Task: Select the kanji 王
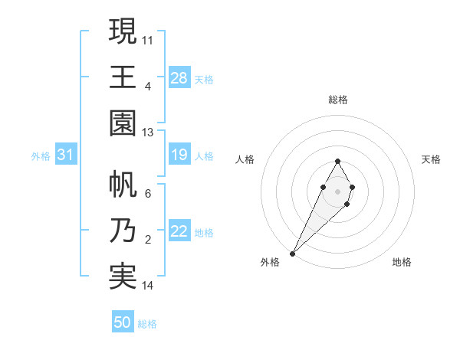[x=123, y=77]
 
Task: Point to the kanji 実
[x=123, y=277]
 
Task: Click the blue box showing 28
[x=179, y=77]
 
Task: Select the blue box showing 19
[x=179, y=155]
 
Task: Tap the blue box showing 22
[x=179, y=232]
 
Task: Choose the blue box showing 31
[x=66, y=155]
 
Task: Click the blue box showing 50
[x=123, y=322]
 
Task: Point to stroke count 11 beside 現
[x=148, y=39]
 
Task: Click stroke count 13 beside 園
[x=148, y=133]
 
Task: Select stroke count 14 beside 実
[x=148, y=286]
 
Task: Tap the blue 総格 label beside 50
[x=147, y=324]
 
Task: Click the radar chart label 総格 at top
[x=337, y=100]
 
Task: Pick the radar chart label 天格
[x=432, y=159]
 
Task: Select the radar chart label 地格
[x=402, y=262]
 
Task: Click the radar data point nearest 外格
[x=292, y=253]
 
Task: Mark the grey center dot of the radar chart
[x=337, y=190]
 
